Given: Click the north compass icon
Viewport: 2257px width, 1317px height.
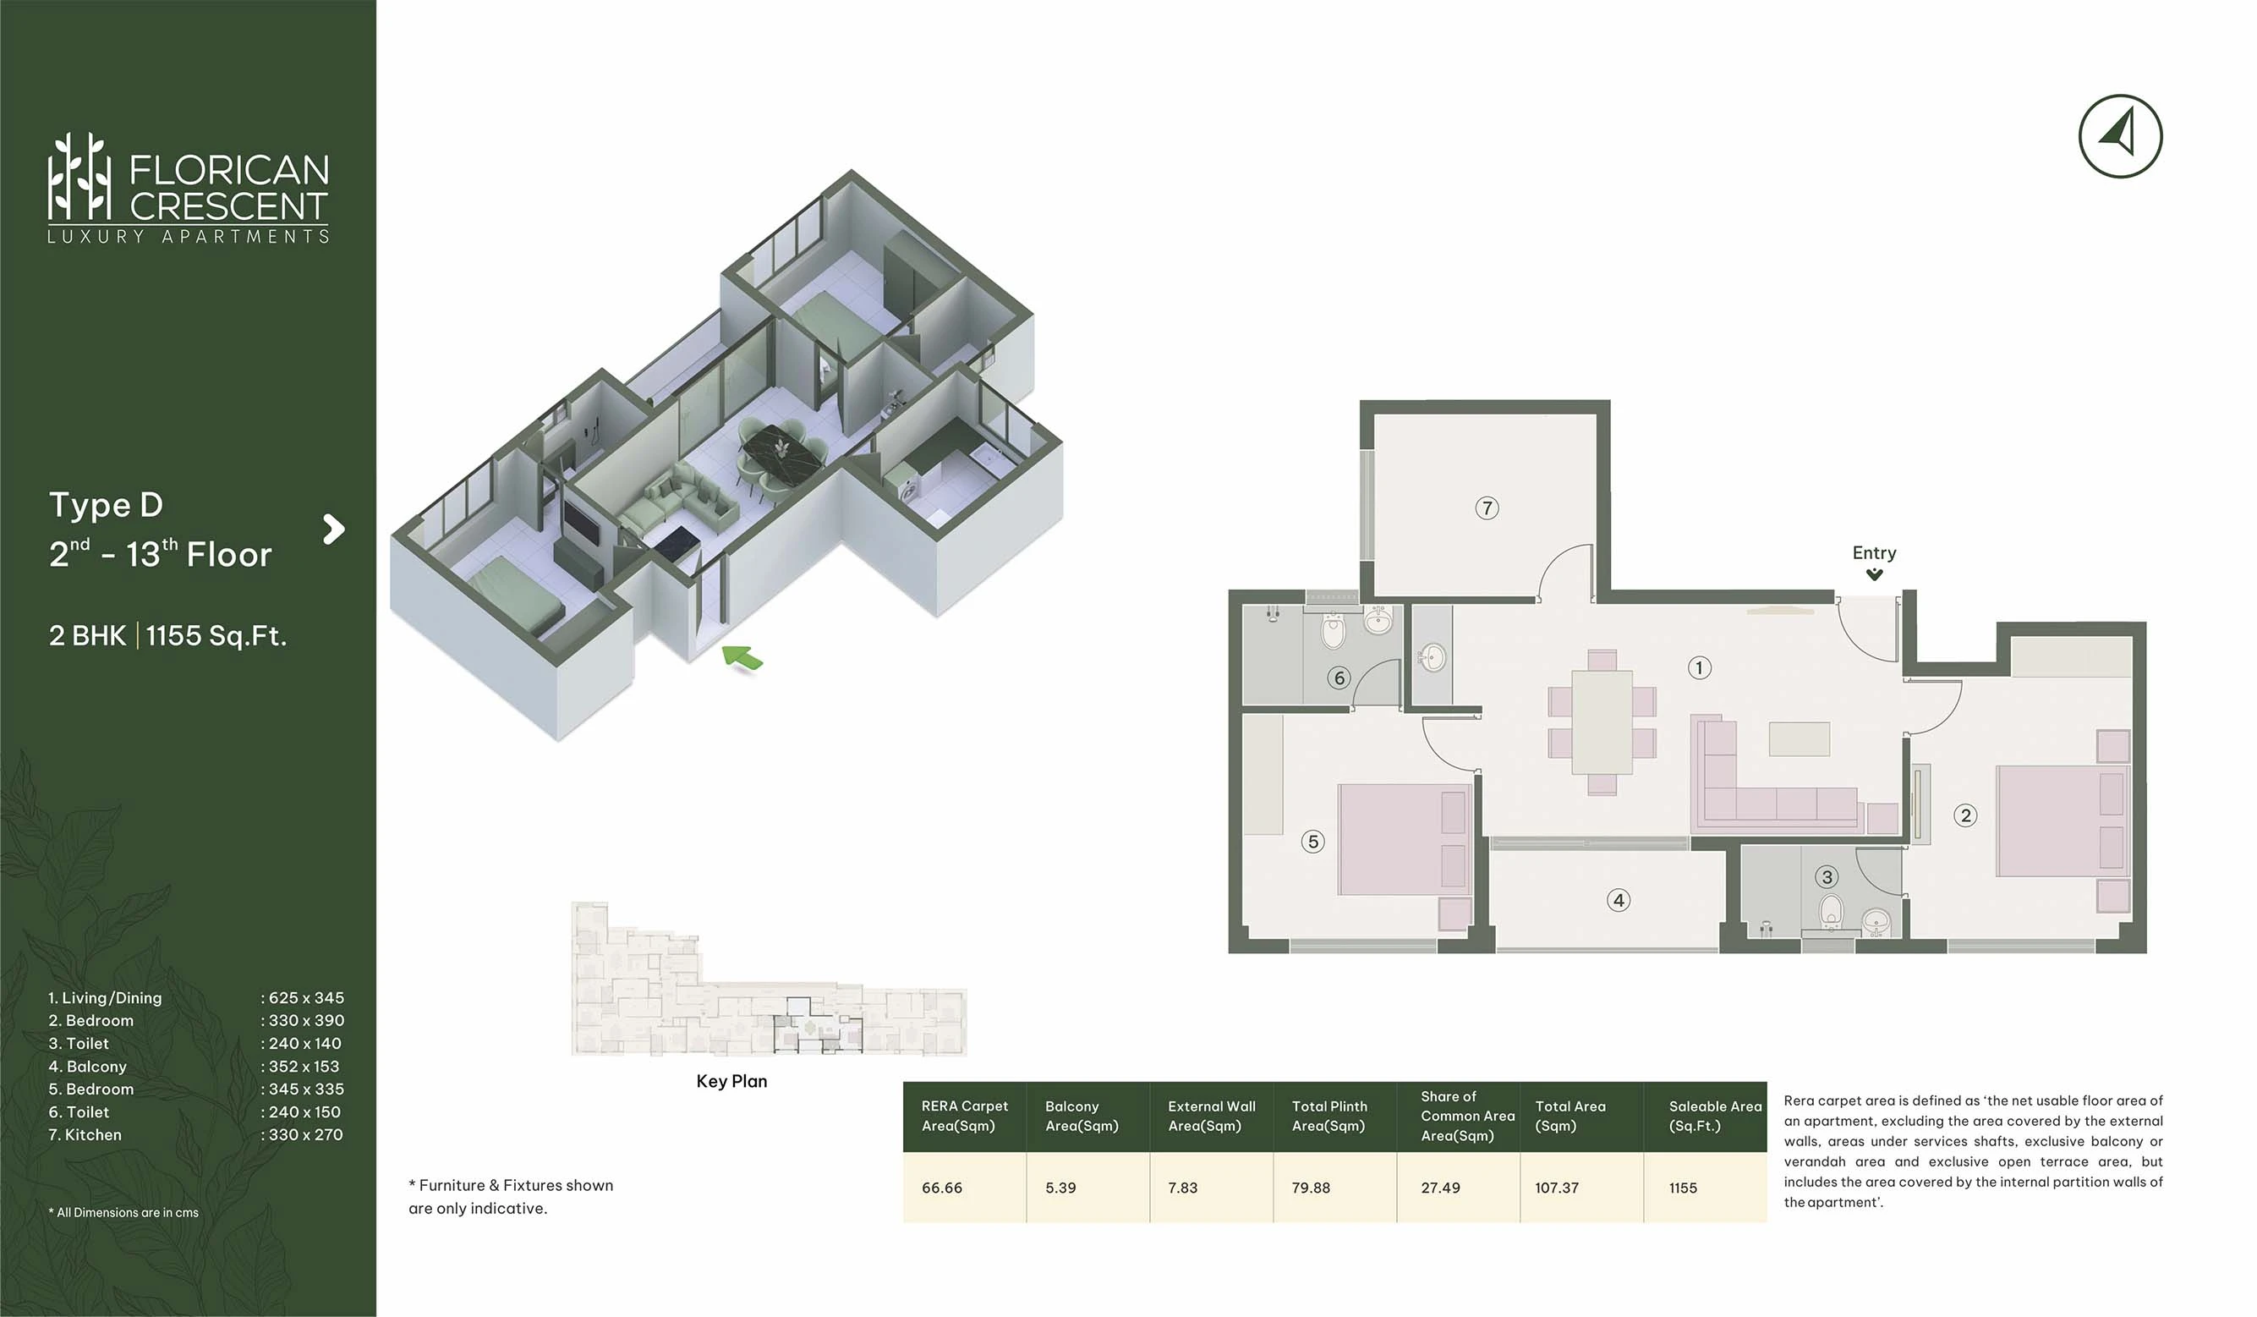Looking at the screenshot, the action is [x=2120, y=136].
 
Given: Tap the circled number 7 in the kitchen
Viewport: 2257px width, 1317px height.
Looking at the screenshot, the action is [x=1487, y=508].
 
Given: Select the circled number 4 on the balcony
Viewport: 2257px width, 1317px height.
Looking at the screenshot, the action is [x=1618, y=899].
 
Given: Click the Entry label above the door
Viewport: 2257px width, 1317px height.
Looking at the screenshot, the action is [x=1874, y=553].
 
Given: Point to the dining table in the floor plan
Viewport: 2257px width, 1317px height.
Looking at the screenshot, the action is [x=1602, y=722].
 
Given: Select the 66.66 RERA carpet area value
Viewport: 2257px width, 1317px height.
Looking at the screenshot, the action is [x=941, y=1188].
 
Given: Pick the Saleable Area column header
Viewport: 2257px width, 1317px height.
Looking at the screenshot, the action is [x=1715, y=1116].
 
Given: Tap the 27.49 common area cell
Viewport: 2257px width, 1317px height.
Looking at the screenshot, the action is [x=1440, y=1188].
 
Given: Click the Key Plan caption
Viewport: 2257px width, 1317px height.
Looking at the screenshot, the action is [x=731, y=1081].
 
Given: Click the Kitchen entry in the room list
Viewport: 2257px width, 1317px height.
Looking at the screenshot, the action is [x=85, y=1134].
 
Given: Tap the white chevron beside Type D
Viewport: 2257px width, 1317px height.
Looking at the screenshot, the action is [x=333, y=529].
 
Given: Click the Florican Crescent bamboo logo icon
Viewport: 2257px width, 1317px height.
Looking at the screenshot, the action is [x=79, y=177].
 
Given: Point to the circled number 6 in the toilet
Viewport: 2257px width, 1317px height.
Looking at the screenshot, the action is [x=1339, y=678].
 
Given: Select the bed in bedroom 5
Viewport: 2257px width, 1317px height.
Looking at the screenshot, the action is [x=1405, y=839].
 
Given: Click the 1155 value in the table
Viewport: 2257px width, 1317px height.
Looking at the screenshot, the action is [x=1683, y=1188].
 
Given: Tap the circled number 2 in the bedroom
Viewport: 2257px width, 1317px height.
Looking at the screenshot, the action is [x=1965, y=815].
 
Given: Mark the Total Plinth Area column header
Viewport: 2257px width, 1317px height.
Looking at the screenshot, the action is [x=1329, y=1116].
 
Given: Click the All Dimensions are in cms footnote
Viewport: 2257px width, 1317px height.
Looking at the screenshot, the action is [x=123, y=1212].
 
